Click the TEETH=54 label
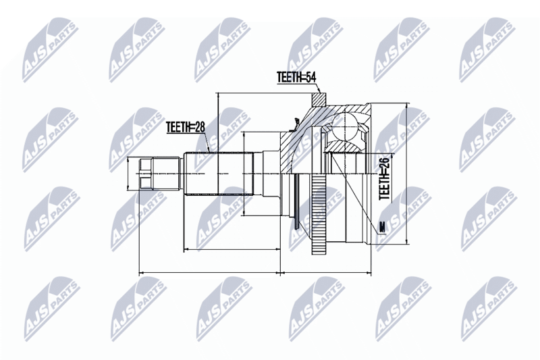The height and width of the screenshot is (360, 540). (x=296, y=77)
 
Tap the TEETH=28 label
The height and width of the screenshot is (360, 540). (x=186, y=127)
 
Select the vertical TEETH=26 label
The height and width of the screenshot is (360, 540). (x=384, y=178)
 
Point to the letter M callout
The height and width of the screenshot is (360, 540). (x=381, y=228)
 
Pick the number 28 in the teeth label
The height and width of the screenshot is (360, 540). (x=199, y=127)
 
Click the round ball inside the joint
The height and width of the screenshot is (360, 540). (x=346, y=126)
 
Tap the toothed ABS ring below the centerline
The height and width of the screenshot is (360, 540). (x=319, y=214)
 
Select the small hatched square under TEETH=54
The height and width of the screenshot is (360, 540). (x=319, y=99)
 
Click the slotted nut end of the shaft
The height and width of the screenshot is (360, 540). (x=146, y=174)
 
